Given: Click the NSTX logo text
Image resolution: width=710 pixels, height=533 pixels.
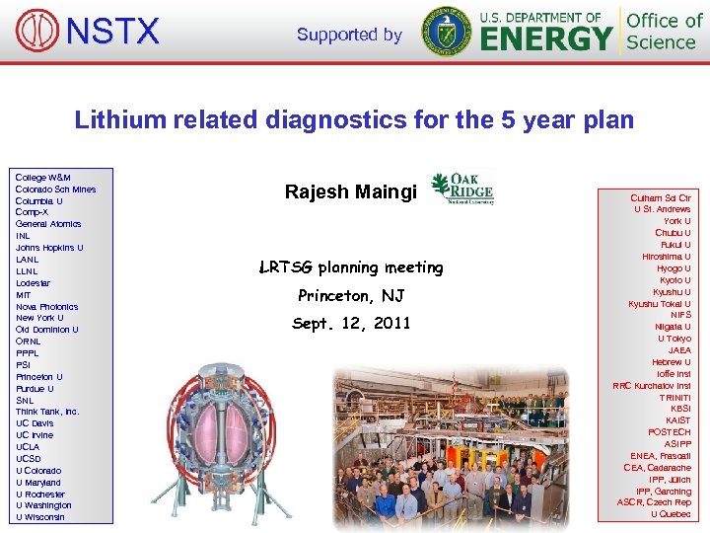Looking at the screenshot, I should [111, 32].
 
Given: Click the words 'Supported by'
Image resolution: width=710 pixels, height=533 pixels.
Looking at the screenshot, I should [349, 35].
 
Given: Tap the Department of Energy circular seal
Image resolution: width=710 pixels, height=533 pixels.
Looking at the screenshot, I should [446, 31].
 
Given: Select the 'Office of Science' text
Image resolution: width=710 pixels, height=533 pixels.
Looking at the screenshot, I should [665, 31].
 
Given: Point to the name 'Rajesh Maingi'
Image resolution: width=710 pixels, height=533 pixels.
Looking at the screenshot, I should [351, 191].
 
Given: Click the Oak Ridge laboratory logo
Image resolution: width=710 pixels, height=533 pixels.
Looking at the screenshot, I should [461, 188].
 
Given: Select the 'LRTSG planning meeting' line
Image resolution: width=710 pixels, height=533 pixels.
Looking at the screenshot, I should [351, 267].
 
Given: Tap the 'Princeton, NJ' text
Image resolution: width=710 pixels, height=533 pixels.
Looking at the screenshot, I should [351, 296].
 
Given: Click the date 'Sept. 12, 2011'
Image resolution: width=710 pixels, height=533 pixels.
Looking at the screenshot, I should [351, 324].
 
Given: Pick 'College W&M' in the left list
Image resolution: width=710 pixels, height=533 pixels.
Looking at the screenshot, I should [42, 177].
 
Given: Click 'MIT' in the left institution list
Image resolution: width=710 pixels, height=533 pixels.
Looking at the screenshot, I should [24, 295].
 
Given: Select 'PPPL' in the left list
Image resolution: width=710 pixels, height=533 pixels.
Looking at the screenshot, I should [27, 353].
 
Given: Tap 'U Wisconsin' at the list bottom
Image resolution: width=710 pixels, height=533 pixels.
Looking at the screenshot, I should [40, 517].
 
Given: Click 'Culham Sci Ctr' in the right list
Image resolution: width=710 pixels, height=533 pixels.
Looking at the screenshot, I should [661, 197].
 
